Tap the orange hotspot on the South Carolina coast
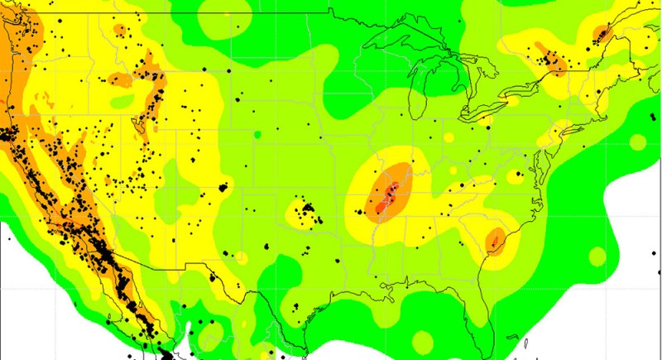[x=496, y=241]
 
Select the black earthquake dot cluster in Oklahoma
[x=309, y=207]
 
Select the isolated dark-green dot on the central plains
[x=258, y=133]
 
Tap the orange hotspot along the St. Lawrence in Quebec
[x=601, y=34]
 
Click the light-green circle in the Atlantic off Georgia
[x=593, y=254]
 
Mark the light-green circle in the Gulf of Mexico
[x=422, y=340]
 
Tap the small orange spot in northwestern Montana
[x=121, y=31]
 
